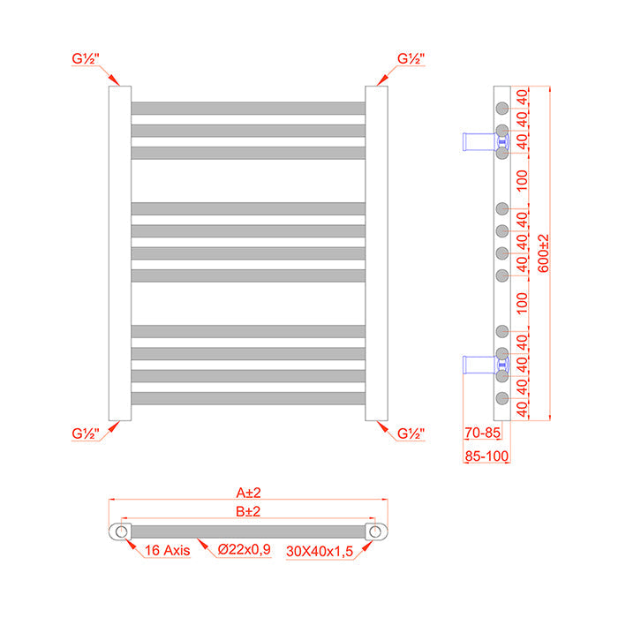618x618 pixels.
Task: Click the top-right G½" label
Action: pos(411,59)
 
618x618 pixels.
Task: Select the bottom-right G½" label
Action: pos(411,433)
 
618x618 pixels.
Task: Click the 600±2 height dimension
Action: pos(543,253)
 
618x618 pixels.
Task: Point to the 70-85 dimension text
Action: pos(482,433)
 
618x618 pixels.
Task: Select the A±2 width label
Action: pos(248,494)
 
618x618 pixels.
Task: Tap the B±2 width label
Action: pos(248,511)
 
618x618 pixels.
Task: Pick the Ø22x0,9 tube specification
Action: pos(245,550)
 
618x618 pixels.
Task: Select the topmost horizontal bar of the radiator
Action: pos(248,108)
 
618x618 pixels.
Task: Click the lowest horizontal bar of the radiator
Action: pos(248,398)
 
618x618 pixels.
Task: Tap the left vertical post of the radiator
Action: pos(120,253)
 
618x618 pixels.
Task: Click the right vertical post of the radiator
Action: pos(376,253)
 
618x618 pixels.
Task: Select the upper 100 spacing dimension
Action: pos(521,180)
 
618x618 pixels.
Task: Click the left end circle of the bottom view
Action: pos(118,531)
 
